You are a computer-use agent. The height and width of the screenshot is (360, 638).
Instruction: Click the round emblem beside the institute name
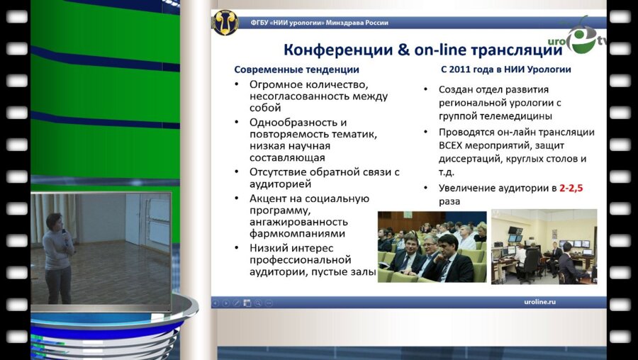pos(225,23)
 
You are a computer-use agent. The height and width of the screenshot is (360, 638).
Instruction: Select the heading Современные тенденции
pos(296,69)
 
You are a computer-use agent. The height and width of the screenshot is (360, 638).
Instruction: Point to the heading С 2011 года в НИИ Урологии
pos(505,69)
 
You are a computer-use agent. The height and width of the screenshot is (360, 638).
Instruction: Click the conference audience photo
pos(432,247)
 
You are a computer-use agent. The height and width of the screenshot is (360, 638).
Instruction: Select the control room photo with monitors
pos(544,247)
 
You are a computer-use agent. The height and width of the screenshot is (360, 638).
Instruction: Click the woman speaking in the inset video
pos(57,255)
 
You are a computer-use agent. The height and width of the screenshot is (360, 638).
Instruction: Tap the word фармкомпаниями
pos(297,233)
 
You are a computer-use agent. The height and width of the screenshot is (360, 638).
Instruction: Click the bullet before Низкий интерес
pos(238,247)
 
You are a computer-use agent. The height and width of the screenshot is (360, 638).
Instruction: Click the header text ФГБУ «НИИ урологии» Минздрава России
pos(319,23)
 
